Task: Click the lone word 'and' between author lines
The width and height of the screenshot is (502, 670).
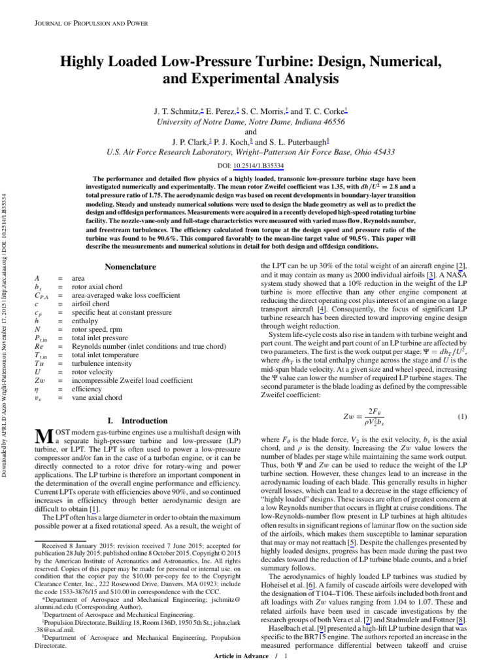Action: click(x=250, y=131)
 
